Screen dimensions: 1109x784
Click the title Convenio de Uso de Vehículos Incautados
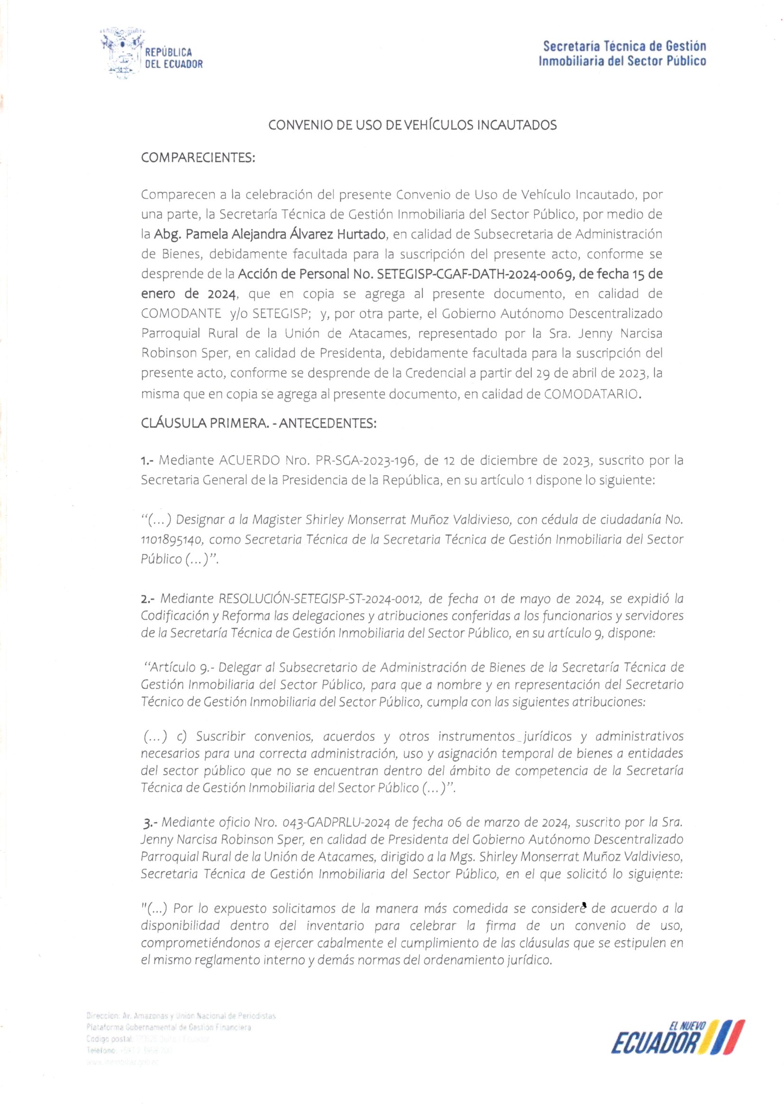tap(412, 126)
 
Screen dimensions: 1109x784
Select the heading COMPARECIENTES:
tap(198, 157)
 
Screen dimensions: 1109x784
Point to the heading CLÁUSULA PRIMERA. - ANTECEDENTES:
tap(258, 423)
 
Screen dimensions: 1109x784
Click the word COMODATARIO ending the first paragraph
tap(593, 394)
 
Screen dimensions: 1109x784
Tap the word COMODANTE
tap(181, 314)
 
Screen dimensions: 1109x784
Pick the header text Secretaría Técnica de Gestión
tap(624, 46)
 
